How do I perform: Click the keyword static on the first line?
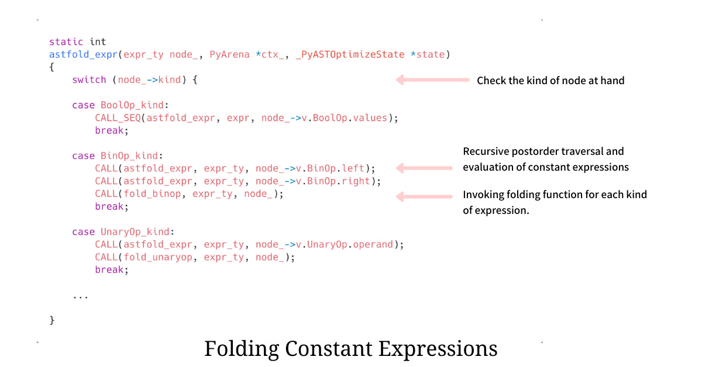pyautogui.click(x=66, y=41)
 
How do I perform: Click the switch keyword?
pyautogui.click(x=89, y=79)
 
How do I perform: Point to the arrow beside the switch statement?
pyautogui.click(x=432, y=79)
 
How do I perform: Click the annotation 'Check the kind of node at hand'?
pyautogui.click(x=550, y=81)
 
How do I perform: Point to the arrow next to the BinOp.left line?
pyautogui.click(x=424, y=168)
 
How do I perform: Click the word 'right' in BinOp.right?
pyautogui.click(x=357, y=181)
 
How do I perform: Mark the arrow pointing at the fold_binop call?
pyautogui.click(x=424, y=196)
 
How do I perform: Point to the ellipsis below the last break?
pyautogui.click(x=80, y=296)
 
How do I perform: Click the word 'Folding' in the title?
pyautogui.click(x=242, y=348)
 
